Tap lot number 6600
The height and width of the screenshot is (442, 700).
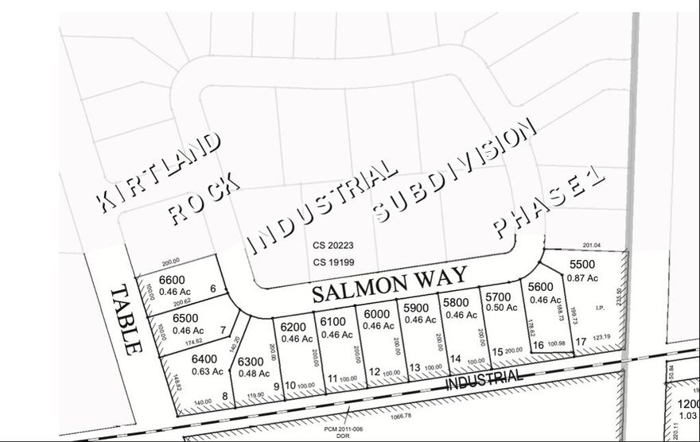pyautogui.click(x=172, y=279)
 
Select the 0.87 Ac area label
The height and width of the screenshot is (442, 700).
pyautogui.click(x=582, y=277)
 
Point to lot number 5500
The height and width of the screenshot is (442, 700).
pyautogui.click(x=582, y=265)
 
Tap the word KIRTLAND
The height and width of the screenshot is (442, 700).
pyautogui.click(x=159, y=172)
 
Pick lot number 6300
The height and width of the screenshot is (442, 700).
pyautogui.click(x=252, y=362)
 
